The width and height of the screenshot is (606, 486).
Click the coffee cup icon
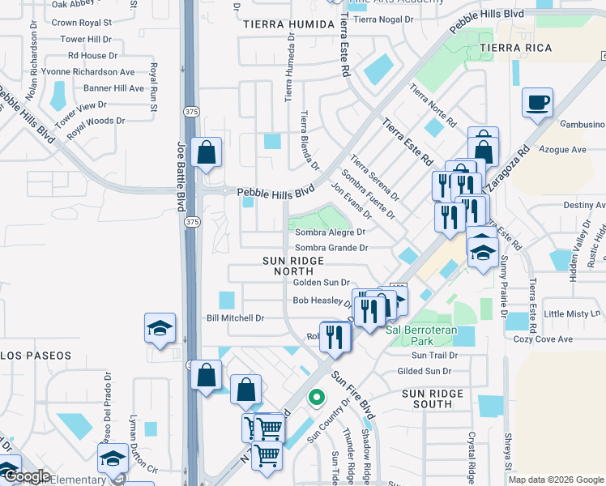click(537, 103)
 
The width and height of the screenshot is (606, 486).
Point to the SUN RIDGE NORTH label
click(293, 266)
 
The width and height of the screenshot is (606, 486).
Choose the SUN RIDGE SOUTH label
click(433, 399)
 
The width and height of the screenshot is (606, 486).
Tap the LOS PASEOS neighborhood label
click(36, 356)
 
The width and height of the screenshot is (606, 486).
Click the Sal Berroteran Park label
click(421, 330)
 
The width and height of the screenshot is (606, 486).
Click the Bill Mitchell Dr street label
click(236, 318)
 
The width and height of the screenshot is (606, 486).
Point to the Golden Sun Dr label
click(321, 283)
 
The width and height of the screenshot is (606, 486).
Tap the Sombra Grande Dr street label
click(331, 248)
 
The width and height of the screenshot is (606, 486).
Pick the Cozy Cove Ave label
click(543, 339)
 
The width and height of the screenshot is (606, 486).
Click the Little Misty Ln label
click(573, 313)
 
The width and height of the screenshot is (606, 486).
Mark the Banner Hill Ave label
click(113, 88)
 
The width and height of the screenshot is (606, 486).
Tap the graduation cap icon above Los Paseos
click(160, 328)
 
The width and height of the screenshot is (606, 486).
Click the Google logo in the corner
click(26, 476)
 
